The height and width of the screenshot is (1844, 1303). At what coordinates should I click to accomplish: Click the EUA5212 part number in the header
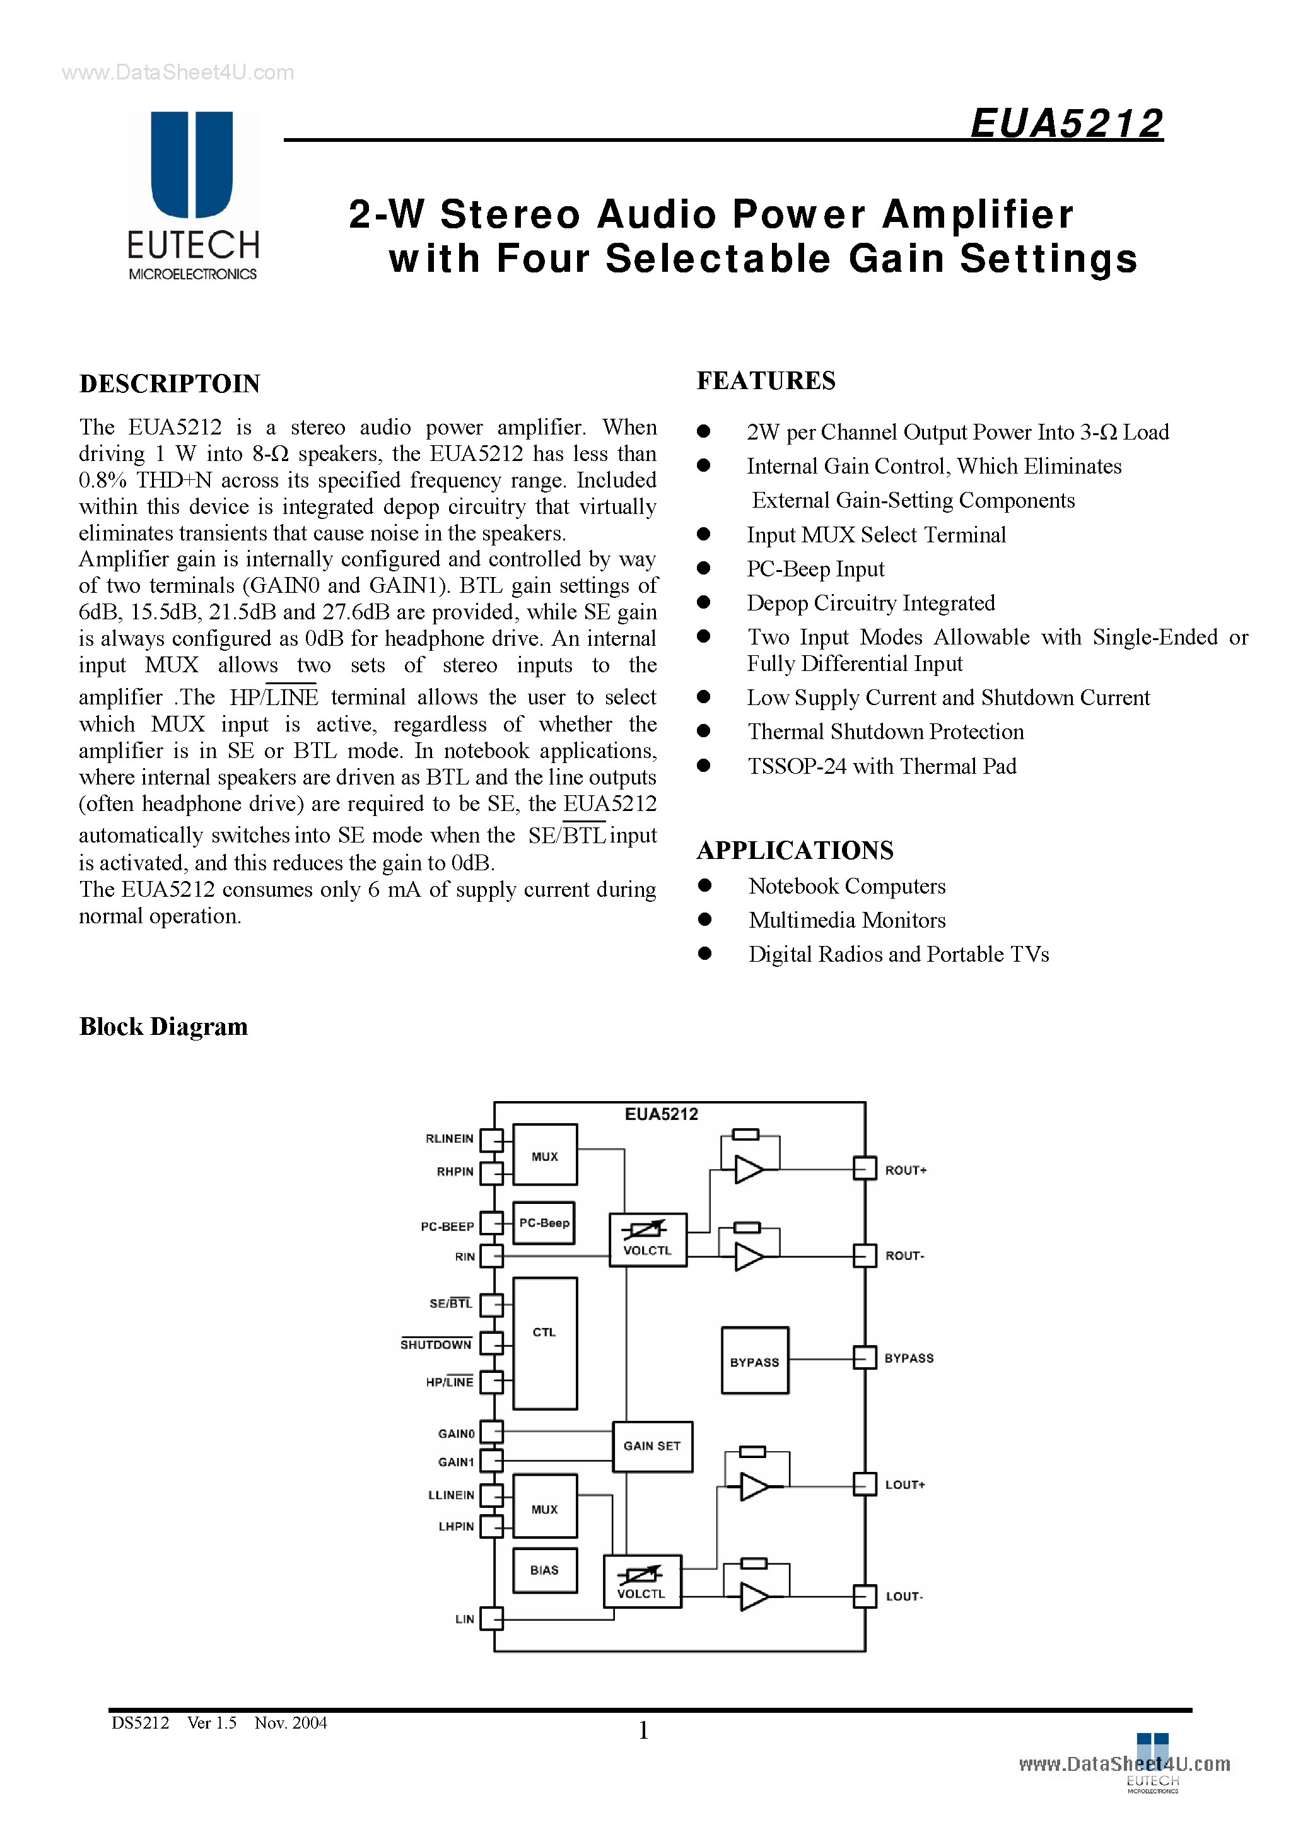tap(1066, 124)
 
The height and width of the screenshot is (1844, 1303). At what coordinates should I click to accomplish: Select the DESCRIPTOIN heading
tap(170, 384)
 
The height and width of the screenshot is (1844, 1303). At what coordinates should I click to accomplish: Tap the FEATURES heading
tap(766, 381)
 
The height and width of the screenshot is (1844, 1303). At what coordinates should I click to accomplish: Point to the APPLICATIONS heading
tap(795, 849)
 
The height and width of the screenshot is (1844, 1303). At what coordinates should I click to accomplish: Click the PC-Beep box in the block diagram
tap(544, 1223)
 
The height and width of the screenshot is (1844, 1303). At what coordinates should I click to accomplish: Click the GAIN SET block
tap(651, 1445)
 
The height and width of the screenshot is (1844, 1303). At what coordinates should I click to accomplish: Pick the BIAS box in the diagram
tap(544, 1570)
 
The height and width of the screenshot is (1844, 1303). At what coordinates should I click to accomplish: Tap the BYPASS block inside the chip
tap(754, 1362)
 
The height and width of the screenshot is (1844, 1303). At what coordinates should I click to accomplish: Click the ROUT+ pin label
tap(906, 1171)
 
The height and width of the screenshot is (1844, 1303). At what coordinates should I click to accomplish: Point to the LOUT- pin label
tap(904, 1597)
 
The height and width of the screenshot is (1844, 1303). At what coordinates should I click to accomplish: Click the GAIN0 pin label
tap(455, 1433)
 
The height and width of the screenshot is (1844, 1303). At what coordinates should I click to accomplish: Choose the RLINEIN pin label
tap(449, 1139)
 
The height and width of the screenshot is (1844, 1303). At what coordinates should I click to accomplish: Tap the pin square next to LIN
tap(491, 1619)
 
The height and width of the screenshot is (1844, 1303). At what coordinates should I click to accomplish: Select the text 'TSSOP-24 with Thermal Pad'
tap(881, 766)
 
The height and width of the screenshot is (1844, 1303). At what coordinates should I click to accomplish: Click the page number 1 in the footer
tap(643, 1730)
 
